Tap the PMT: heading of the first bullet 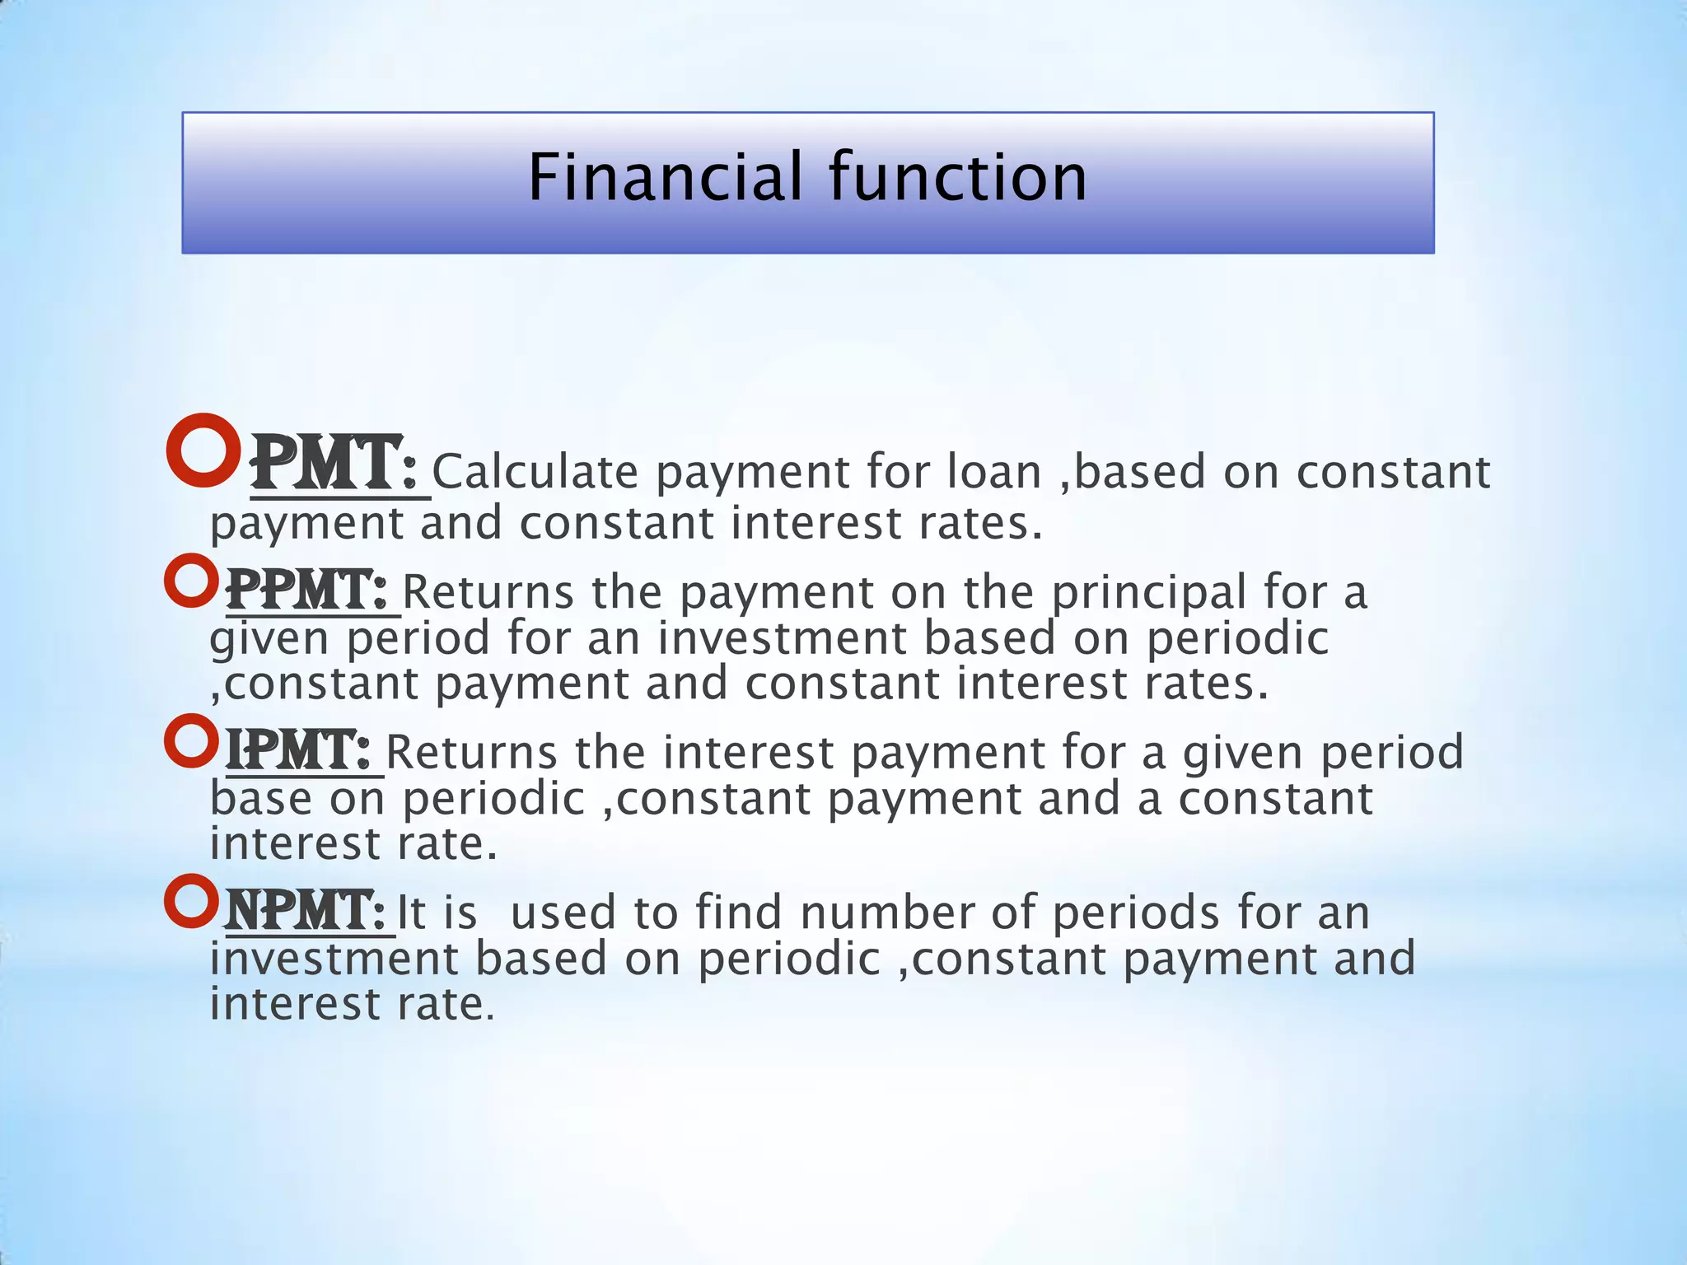(334, 465)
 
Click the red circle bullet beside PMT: (202, 450)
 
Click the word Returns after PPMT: (488, 593)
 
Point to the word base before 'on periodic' (261, 799)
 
